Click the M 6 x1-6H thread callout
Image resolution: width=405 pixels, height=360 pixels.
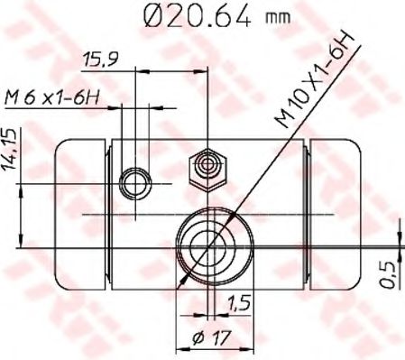(x=51, y=97)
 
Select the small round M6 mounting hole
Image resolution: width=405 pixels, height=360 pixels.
(x=136, y=183)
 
